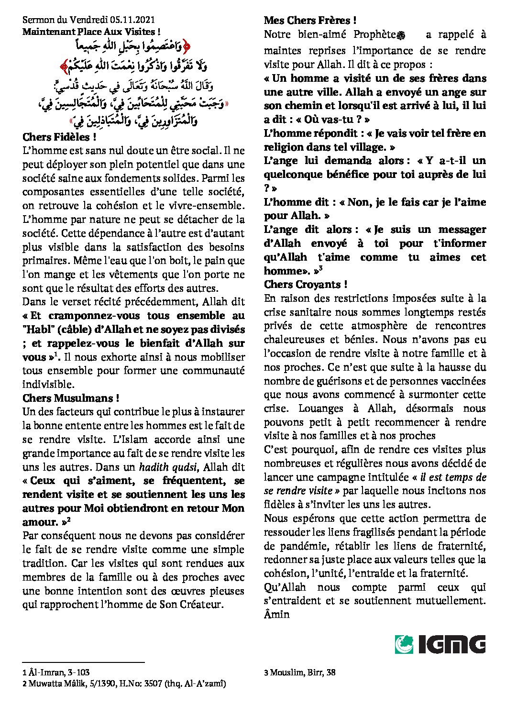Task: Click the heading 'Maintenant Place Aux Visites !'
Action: pos(91,32)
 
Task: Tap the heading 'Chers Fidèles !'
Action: pos(59,137)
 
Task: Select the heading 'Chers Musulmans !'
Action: pos(71,398)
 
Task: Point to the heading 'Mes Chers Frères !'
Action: pos(310,21)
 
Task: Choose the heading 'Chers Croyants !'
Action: pos(306,285)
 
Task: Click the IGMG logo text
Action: pos(452,644)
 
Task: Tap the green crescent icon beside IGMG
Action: pos(404,644)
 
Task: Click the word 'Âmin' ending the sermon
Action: pos(277,615)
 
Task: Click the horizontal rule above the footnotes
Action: pos(83,662)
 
